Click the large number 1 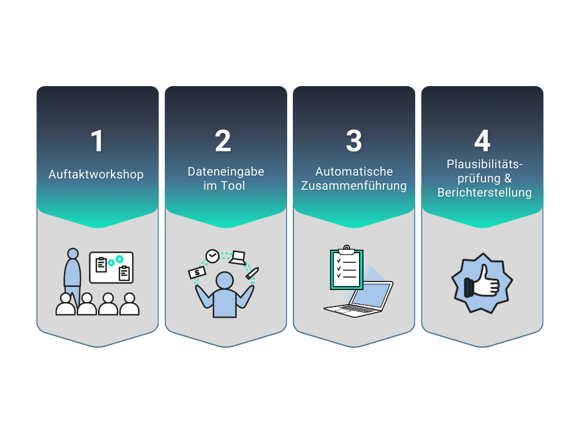point(97,141)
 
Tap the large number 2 point(223,141)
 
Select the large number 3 point(354,141)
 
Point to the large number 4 point(483,141)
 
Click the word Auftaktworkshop point(96,174)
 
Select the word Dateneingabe point(225,172)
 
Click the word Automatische point(354,172)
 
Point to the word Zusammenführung point(353,186)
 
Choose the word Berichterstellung point(485,193)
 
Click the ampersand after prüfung point(508,178)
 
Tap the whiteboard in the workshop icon point(112,267)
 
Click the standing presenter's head point(73,253)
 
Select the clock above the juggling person point(212,256)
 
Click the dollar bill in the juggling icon point(197,273)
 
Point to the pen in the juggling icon point(252,273)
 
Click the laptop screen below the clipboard point(372,296)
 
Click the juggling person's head point(224,280)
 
